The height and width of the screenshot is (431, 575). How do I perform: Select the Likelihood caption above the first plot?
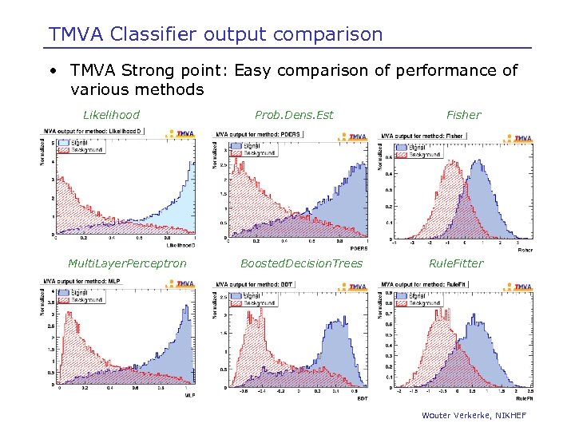pyautogui.click(x=112, y=115)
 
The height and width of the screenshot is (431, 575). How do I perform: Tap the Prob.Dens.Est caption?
pyautogui.click(x=293, y=115)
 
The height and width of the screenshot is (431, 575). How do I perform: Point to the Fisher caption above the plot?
pyautogui.click(x=463, y=115)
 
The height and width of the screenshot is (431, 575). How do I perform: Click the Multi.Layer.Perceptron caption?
pyautogui.click(x=128, y=263)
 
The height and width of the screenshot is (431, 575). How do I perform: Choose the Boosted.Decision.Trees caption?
pyautogui.click(x=302, y=263)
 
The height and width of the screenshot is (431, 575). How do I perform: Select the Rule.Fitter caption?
pyautogui.click(x=456, y=263)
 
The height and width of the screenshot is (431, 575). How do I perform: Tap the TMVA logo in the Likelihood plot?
pyautogui.click(x=182, y=134)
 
